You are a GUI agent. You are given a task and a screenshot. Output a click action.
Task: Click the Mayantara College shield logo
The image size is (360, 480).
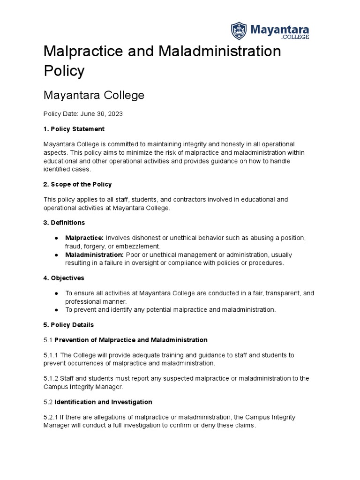239,30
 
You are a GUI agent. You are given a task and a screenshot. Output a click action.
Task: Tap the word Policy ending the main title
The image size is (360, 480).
64,71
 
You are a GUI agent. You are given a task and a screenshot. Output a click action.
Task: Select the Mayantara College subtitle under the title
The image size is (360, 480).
94,96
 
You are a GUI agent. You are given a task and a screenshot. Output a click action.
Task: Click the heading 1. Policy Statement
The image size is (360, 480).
74,129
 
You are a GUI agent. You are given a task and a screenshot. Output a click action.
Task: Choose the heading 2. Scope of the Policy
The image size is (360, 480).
77,184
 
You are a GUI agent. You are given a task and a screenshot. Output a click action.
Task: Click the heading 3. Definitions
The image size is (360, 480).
64,223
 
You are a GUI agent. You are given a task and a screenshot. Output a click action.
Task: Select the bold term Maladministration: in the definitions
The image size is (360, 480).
95,255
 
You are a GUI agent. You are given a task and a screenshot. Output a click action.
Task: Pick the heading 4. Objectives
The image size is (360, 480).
64,278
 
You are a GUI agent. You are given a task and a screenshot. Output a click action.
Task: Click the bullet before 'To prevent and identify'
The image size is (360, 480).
56,310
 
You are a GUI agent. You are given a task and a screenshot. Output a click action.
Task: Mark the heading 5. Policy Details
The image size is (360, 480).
69,325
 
